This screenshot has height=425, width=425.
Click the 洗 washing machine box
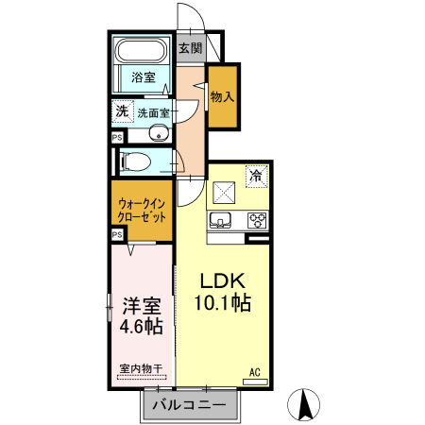[122, 111]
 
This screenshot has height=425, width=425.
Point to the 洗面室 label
[154, 113]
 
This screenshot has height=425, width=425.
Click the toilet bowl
[135, 161]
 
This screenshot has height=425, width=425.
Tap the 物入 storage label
[223, 97]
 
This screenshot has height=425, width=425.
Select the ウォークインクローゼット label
[142, 210]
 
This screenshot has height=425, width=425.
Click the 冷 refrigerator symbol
[255, 175]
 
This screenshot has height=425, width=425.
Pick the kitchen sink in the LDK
[221, 221]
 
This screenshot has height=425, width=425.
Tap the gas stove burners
[256, 220]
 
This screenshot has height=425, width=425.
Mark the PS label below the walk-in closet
[117, 234]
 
